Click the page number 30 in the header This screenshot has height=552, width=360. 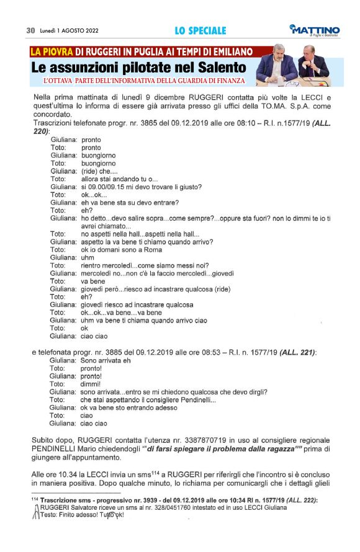30,30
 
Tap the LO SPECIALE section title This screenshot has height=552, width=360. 200,30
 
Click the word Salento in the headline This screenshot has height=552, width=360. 219,66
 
